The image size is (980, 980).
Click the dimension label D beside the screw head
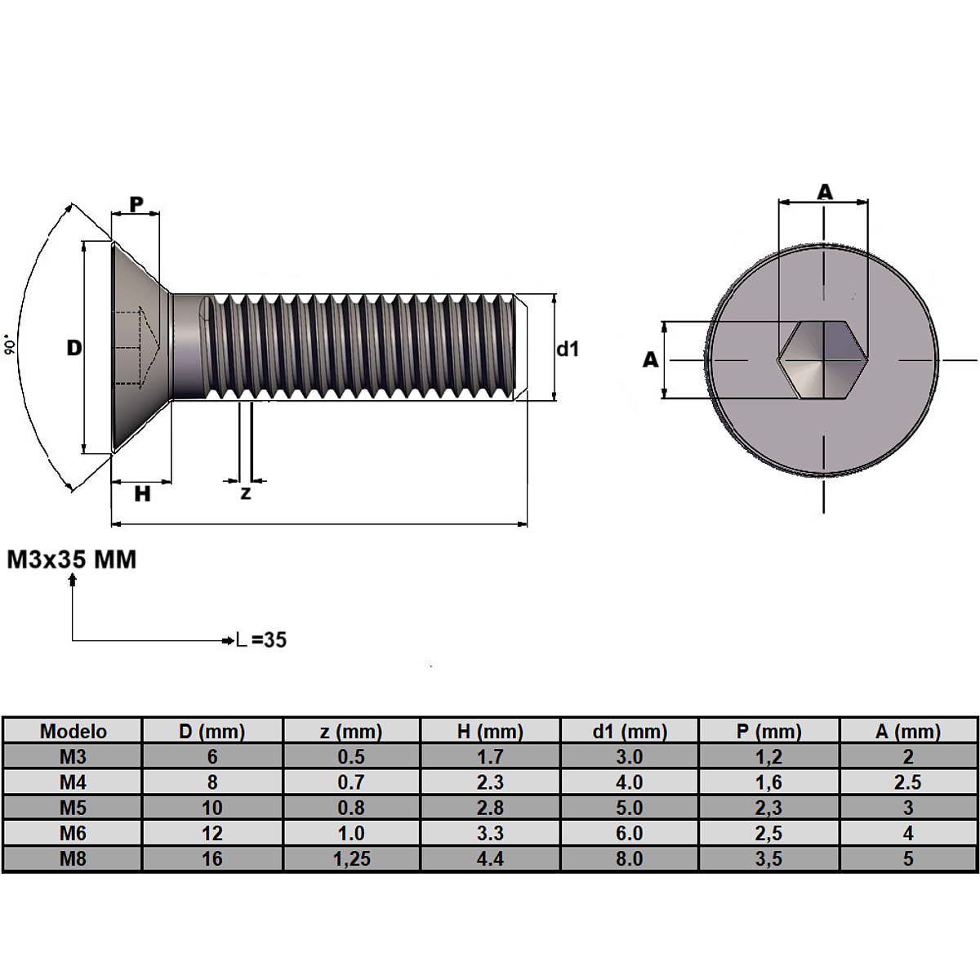[x=74, y=348]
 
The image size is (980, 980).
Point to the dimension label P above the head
[x=136, y=204]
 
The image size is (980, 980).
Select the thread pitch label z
[x=246, y=493]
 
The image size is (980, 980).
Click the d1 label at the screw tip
[x=568, y=349]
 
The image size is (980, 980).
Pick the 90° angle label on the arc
[x=11, y=345]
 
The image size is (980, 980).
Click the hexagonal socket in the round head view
[x=823, y=359]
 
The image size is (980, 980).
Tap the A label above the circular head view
[x=825, y=192]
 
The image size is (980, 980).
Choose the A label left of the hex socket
[x=650, y=359]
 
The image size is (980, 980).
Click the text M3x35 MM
[x=72, y=559]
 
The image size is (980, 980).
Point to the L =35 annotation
[x=262, y=639]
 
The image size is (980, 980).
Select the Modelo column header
[x=73, y=731]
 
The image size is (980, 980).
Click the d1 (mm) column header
[x=630, y=731]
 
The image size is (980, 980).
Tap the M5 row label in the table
[x=73, y=808]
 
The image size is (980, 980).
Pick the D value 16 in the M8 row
[x=212, y=858]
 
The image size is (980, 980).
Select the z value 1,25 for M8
[x=352, y=858]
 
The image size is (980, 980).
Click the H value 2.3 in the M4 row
[x=490, y=782]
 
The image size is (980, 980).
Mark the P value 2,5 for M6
[x=768, y=833]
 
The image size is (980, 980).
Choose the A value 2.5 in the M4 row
[x=907, y=782]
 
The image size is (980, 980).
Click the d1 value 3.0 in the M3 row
[x=630, y=757]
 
